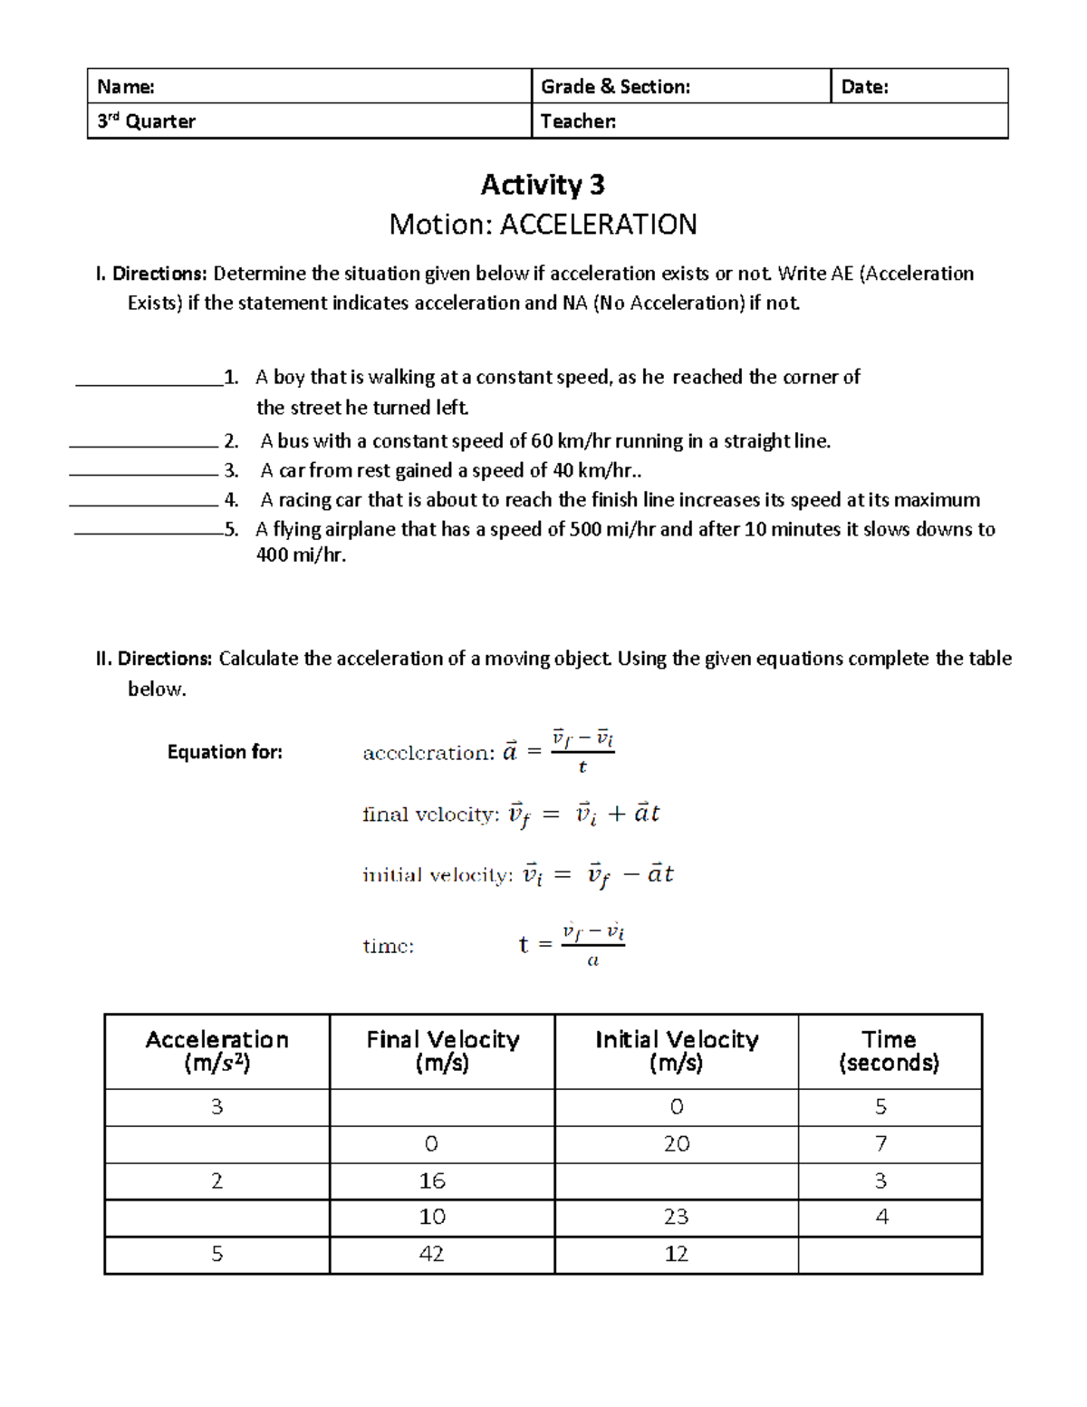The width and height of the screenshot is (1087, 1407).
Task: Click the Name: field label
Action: pyautogui.click(x=126, y=87)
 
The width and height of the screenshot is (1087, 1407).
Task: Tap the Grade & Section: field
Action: pyautogui.click(x=615, y=87)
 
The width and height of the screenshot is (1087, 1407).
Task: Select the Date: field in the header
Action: pyautogui.click(x=864, y=87)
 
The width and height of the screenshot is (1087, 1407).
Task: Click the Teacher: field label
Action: pyautogui.click(x=578, y=121)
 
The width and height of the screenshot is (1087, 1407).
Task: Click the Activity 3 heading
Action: pyautogui.click(x=543, y=185)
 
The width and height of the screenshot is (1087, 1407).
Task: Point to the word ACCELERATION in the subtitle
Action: pyautogui.click(x=598, y=225)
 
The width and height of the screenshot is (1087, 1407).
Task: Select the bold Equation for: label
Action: pyautogui.click(x=225, y=752)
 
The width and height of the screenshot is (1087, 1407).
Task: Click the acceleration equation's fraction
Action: pyautogui.click(x=582, y=752)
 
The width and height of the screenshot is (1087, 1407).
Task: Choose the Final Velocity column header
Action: pyautogui.click(x=442, y=1051)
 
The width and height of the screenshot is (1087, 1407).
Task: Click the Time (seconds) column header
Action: pyautogui.click(x=889, y=1051)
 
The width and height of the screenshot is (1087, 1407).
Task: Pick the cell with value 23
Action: pyautogui.click(x=676, y=1217)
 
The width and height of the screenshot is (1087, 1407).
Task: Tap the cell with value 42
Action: pyautogui.click(x=432, y=1254)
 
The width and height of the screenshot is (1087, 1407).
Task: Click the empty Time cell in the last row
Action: pyautogui.click(x=889, y=1255)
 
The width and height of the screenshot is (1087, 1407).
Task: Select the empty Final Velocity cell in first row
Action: pyautogui.click(x=442, y=1107)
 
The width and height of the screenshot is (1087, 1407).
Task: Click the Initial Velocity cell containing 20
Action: pyautogui.click(x=676, y=1144)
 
